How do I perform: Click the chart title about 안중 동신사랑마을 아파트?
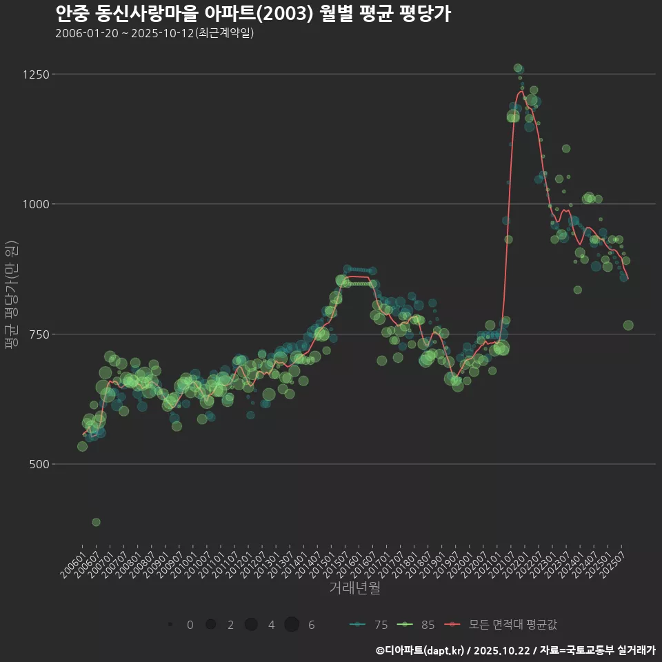tap(252, 14)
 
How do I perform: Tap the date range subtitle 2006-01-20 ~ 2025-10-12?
tap(154, 33)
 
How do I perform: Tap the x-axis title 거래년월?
tap(354, 588)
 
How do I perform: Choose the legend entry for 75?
tap(370, 625)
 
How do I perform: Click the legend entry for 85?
tap(417, 625)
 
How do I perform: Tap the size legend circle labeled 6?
tap(292, 625)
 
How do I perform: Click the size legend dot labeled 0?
tap(170, 625)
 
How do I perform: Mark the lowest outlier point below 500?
tap(96, 522)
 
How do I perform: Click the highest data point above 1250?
tap(518, 68)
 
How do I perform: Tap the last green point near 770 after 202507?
tap(628, 325)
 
